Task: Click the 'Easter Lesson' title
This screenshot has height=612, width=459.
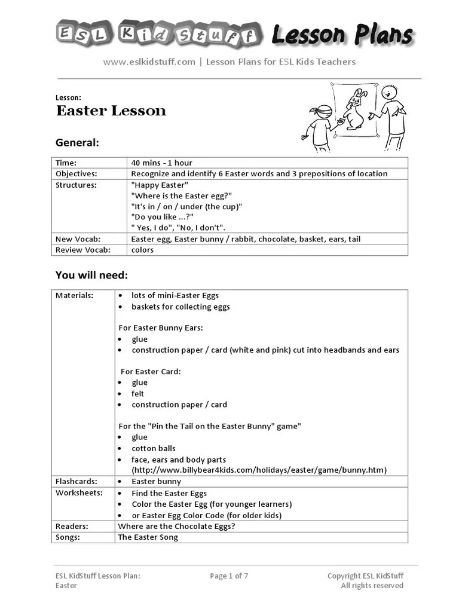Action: [x=111, y=111]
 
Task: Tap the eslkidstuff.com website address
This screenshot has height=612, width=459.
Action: [x=149, y=62]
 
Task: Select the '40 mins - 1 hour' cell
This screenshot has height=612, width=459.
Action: [x=162, y=163]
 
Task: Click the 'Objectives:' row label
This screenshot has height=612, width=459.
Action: [x=76, y=173]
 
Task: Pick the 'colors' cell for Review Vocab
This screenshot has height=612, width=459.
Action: [x=143, y=250]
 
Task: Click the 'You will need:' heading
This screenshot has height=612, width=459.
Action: [x=91, y=275]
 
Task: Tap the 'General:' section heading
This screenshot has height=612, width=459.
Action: [x=77, y=143]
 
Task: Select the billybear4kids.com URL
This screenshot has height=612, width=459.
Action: [x=259, y=470]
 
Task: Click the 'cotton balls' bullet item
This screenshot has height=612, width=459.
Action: [x=154, y=448]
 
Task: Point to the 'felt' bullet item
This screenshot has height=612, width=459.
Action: [x=138, y=394]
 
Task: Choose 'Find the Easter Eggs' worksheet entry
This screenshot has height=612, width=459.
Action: [x=169, y=493]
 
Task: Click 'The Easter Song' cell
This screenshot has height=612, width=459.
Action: [x=148, y=537]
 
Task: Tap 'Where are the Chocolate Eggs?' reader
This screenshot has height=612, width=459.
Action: [x=176, y=527]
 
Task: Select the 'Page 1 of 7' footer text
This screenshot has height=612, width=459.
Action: [x=229, y=576]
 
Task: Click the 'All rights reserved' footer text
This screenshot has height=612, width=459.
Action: [x=372, y=586]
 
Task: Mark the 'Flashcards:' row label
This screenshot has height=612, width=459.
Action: [x=76, y=481]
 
